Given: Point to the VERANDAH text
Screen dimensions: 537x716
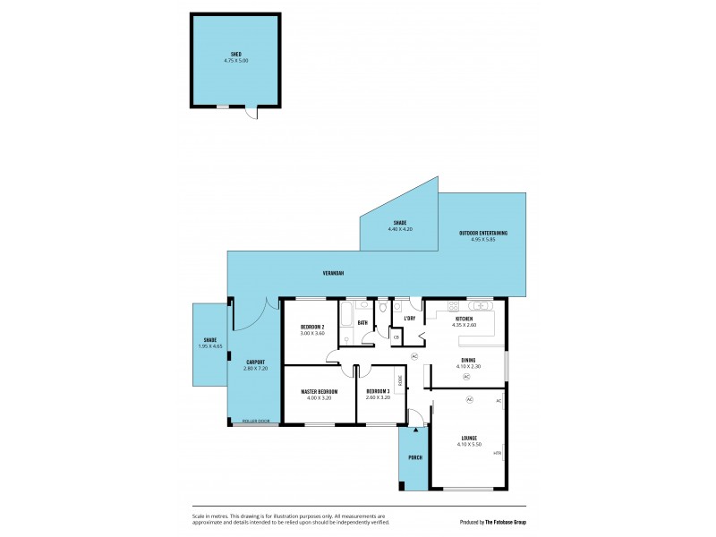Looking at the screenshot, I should [334, 273].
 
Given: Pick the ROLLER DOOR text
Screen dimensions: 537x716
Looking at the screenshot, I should [256, 421].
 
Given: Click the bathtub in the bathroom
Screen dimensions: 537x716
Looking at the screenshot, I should [346, 320].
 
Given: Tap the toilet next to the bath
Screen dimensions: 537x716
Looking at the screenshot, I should [382, 308].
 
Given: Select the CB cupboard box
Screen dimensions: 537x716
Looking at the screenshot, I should [396, 337].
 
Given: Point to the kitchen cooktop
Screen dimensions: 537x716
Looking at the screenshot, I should [434, 303].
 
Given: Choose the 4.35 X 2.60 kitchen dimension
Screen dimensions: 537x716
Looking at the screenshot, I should [465, 325].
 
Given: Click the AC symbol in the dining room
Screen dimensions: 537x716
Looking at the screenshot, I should [466, 377].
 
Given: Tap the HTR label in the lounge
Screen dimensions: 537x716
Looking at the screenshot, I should [497, 454].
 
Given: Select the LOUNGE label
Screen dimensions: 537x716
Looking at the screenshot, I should [468, 438].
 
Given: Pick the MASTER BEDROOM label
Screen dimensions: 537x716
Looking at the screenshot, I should [319, 391].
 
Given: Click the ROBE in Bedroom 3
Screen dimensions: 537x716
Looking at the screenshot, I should [399, 380].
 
